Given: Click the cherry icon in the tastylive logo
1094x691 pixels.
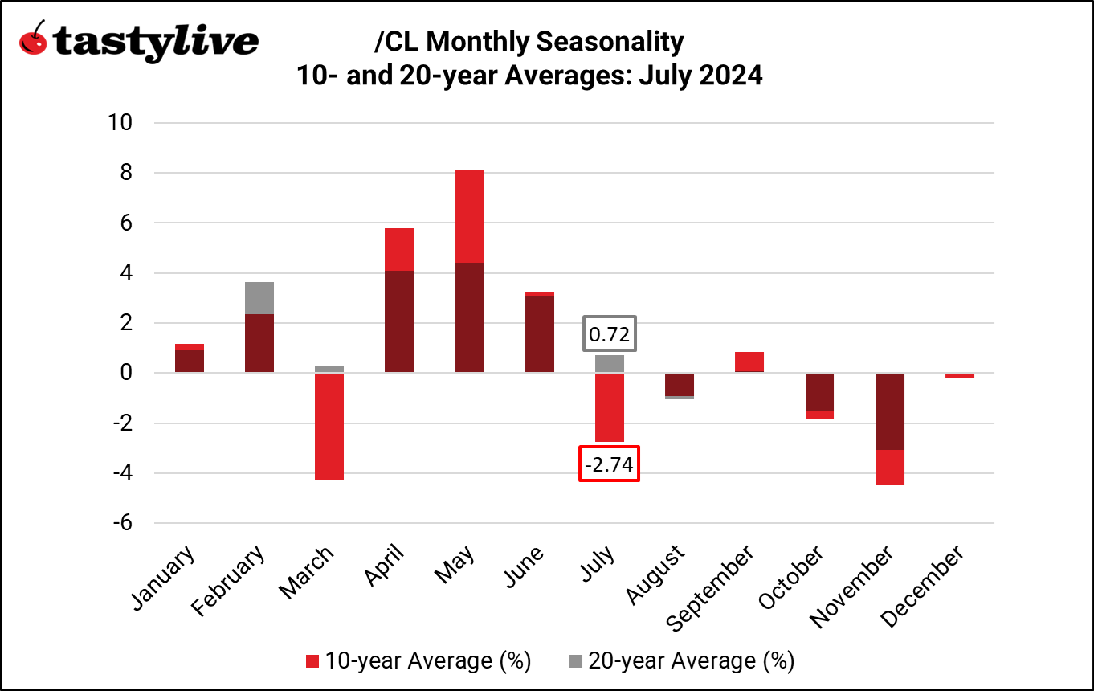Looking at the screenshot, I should [33, 40].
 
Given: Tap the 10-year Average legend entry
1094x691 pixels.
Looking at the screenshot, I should [418, 661].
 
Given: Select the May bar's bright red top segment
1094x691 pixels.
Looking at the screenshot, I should [469, 216].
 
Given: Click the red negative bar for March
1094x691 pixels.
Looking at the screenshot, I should [329, 426].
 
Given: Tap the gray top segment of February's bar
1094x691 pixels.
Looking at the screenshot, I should [259, 298].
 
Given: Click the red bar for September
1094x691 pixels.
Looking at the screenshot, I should [749, 362].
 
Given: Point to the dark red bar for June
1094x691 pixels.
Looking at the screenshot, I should [539, 334].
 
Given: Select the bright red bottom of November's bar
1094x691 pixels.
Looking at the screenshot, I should [889, 468].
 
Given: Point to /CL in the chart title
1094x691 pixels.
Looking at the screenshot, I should [394, 41].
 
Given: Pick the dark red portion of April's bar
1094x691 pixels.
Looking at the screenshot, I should [399, 321].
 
